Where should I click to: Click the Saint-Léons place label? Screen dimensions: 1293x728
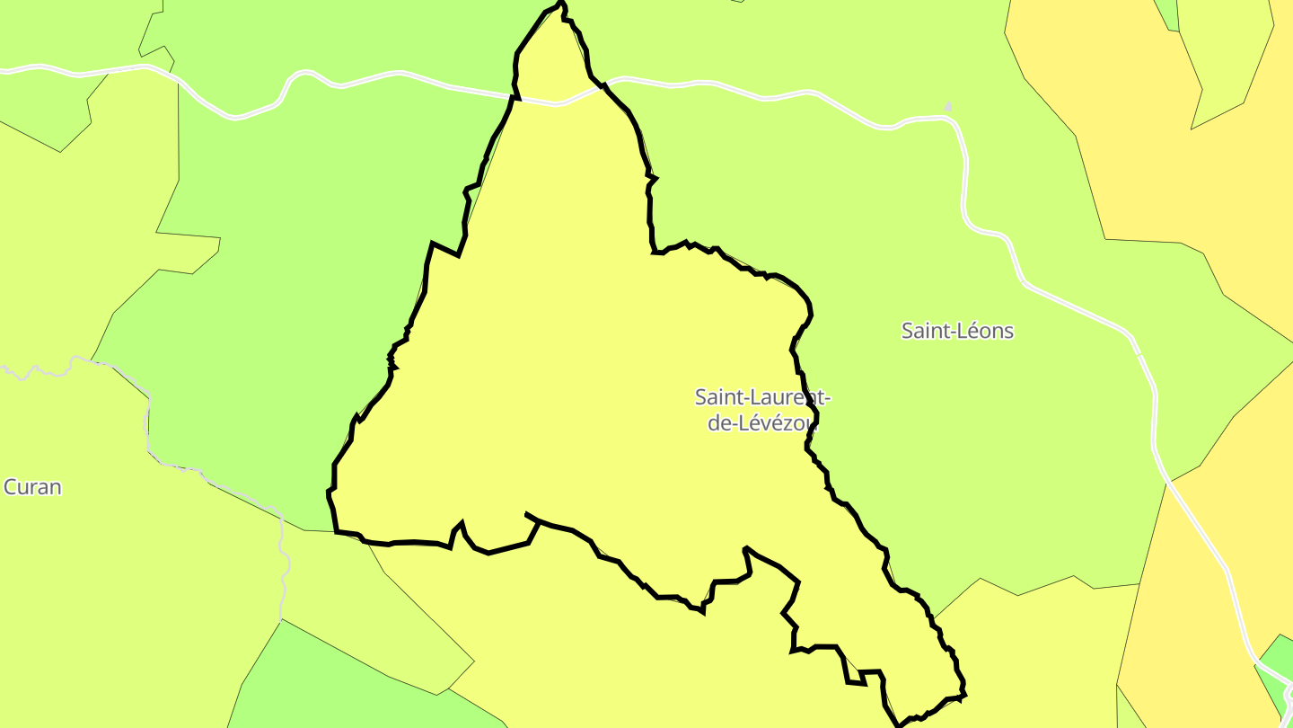[x=957, y=331]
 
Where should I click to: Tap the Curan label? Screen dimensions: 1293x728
[x=32, y=487]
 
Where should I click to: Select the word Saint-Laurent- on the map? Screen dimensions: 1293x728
[x=762, y=396]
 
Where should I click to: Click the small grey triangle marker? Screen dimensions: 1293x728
[x=948, y=107]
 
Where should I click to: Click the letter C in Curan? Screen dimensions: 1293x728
[x=11, y=487]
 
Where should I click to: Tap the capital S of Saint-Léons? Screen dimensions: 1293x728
[x=907, y=331]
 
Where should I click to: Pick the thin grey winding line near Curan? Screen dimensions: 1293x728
[x=149, y=422]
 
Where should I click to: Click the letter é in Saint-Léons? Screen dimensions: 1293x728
[x=963, y=331]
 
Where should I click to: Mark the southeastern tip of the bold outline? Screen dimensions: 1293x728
[x=963, y=694]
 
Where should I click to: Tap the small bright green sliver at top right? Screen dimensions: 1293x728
[x=1167, y=13]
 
